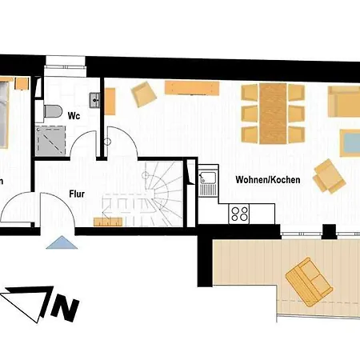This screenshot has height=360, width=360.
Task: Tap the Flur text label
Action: pyautogui.click(x=78, y=193)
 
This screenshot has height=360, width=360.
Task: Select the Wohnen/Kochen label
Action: pyautogui.click(x=268, y=180)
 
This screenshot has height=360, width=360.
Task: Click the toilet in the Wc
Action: pyautogui.click(x=54, y=110)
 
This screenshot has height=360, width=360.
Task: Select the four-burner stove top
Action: pyautogui.click(x=239, y=213)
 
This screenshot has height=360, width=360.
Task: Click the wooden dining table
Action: pyautogui.click(x=273, y=110)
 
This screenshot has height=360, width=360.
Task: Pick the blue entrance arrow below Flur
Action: pyautogui.click(x=58, y=242)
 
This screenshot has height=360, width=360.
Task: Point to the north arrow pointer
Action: pyautogui.click(x=23, y=303)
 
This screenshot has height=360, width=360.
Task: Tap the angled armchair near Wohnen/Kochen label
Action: pyautogui.click(x=328, y=176)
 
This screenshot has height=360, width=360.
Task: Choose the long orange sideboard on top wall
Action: pyautogui.click(x=194, y=86)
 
